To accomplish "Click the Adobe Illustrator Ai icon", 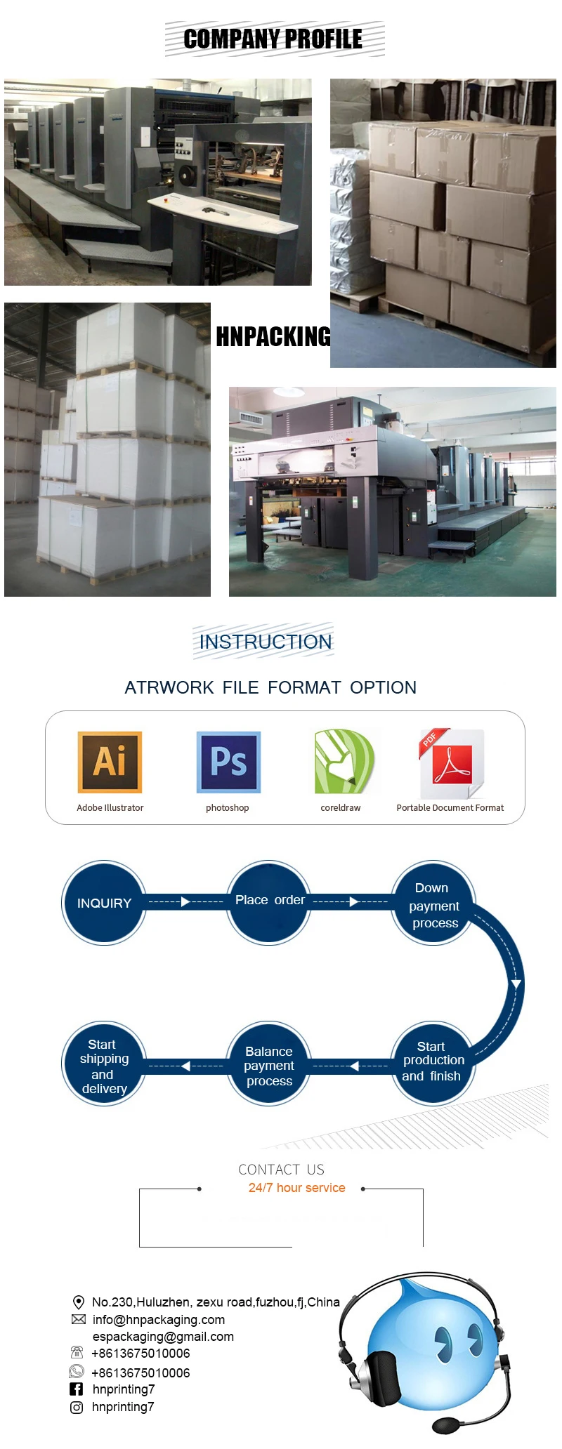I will click(110, 762).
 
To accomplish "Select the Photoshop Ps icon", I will click(228, 762).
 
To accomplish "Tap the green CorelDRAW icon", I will click(343, 762).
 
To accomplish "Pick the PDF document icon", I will click(452, 763).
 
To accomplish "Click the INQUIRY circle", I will click(104, 903).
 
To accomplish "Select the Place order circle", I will click(269, 901).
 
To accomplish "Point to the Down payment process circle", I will click(434, 904).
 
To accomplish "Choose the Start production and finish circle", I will click(433, 1062).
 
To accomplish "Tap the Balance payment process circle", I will click(269, 1065).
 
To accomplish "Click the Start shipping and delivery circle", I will click(104, 1065).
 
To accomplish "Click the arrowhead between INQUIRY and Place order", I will click(185, 901).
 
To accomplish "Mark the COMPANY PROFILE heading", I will click(273, 39).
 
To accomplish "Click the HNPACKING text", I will click(273, 337).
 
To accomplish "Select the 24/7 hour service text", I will click(296, 1188).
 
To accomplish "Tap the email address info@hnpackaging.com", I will click(159, 1320).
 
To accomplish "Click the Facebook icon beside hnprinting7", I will click(77, 1389).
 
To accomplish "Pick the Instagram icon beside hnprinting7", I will click(77, 1407).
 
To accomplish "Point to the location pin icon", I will click(79, 1302).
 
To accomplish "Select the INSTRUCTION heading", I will click(265, 642).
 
